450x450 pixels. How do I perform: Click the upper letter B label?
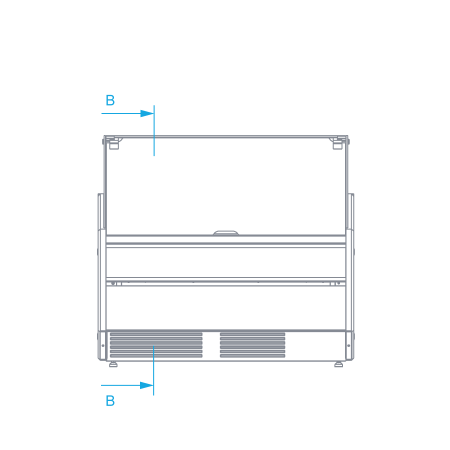pos(110,100)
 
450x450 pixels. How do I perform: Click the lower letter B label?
pos(110,401)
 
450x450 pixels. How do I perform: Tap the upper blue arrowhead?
pos(147,113)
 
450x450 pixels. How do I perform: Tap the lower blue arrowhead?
pos(146,385)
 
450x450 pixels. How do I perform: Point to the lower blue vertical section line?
pos(153,370)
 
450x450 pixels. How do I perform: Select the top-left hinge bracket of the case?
pos(113,143)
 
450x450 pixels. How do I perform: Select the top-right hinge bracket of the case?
pos(337,143)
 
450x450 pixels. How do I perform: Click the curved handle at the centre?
pos(226,232)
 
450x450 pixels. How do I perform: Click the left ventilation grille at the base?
pos(156,345)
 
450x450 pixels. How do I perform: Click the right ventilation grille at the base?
pos(252,345)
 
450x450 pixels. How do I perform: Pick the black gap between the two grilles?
pos(211,345)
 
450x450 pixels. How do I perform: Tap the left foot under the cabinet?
pos(113,364)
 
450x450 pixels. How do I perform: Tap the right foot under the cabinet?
pos(338,364)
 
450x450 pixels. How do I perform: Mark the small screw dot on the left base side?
pos(103,345)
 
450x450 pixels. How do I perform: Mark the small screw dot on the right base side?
pos(348,345)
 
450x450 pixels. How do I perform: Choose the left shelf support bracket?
pos(116,283)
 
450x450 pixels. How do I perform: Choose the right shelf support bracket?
pos(335,283)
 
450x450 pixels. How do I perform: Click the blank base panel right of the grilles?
pos(315,345)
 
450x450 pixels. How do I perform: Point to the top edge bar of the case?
pos(226,136)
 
